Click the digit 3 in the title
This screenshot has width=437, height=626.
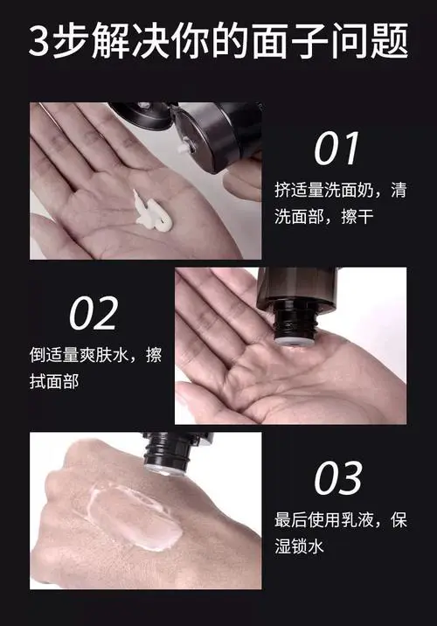point(41,42)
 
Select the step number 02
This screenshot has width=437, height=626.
point(94,313)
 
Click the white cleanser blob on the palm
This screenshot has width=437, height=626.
point(154,210)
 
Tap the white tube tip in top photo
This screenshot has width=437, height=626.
point(184,150)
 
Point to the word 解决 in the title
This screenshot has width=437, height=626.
point(119,42)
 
